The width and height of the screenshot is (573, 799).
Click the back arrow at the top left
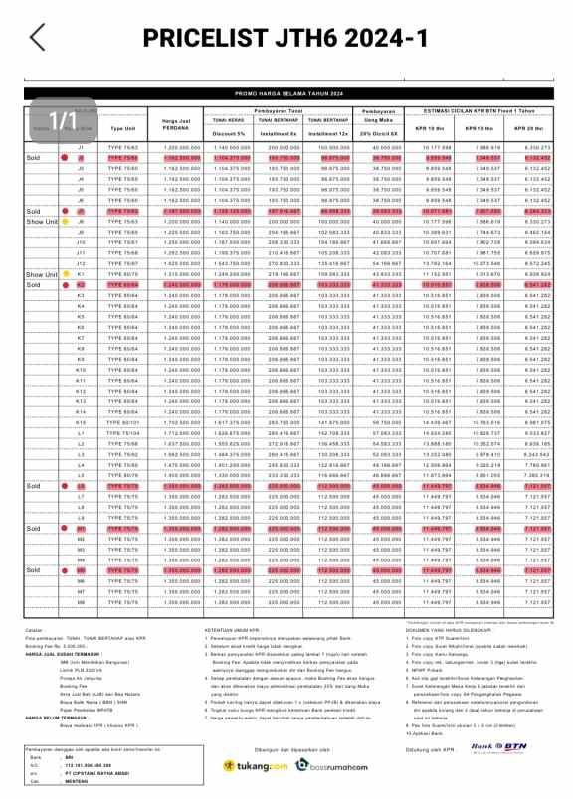tap(37, 37)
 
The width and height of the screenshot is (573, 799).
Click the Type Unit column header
tap(123, 128)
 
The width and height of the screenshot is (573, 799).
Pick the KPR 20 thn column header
tap(528, 129)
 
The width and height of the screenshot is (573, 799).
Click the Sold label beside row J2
tap(33, 158)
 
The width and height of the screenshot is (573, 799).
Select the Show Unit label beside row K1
tap(42, 273)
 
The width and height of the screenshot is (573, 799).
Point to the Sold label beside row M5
tap(33, 570)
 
